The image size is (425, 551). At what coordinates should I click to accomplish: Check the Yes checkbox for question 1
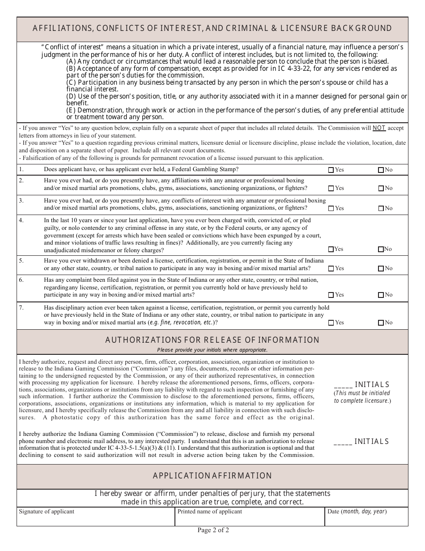point(331,170)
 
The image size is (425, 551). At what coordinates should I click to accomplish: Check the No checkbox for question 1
point(381,170)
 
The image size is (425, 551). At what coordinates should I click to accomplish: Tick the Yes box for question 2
point(331,189)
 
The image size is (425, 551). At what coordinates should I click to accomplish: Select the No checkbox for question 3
point(381,208)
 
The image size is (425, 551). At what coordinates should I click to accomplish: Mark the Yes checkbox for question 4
point(331,249)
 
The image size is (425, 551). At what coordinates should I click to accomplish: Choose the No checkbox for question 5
point(381,268)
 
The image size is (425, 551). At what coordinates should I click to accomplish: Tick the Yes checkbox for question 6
point(331,295)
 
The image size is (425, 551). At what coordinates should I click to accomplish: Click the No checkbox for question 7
point(381,323)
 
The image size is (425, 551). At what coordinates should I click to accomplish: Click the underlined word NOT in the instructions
point(379,128)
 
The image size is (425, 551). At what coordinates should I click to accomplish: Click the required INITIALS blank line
point(343,385)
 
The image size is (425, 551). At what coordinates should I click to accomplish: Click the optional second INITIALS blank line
point(343,442)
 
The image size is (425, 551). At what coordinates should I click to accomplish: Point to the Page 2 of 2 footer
point(213,530)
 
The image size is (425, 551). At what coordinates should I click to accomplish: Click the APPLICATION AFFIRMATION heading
point(212,476)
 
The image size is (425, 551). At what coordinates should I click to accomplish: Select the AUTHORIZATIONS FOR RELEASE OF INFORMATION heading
point(212,340)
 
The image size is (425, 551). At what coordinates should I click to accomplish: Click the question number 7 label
point(21,308)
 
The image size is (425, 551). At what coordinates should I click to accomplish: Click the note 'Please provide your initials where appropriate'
point(212,350)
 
